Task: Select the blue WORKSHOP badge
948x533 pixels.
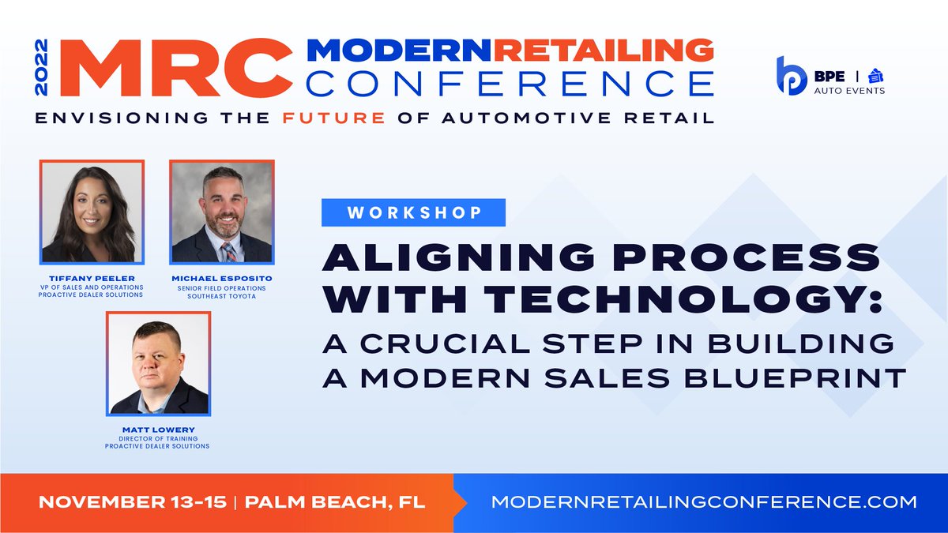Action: tap(412, 213)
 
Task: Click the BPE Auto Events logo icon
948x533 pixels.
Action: tap(791, 76)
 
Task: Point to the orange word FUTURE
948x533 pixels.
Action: tap(345, 118)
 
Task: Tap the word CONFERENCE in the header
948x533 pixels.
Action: tap(511, 83)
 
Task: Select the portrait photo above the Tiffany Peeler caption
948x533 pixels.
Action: tap(92, 212)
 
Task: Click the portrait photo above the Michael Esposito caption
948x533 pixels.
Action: tap(222, 212)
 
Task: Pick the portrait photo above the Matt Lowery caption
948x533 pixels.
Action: tap(158, 364)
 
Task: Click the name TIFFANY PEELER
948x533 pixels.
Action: tap(92, 277)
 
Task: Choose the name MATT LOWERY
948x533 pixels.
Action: tap(157, 430)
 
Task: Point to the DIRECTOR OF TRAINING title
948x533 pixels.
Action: tap(157, 437)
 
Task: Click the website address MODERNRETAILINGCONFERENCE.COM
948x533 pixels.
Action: tap(704, 501)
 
